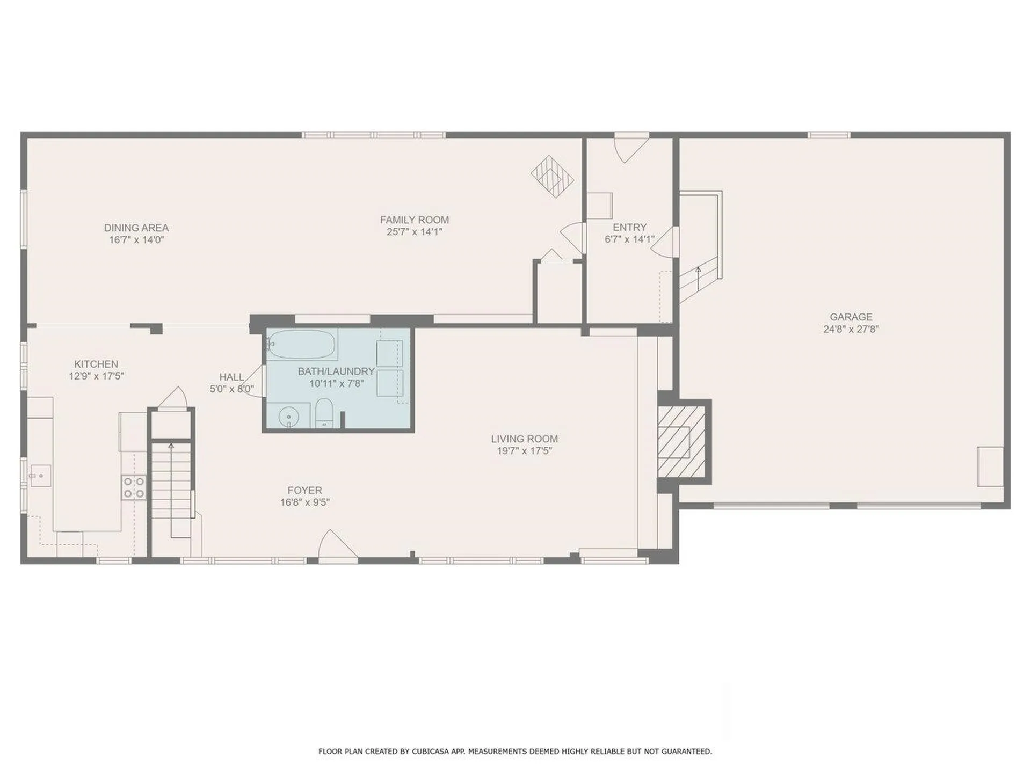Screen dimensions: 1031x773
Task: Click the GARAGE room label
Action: pos(851,317)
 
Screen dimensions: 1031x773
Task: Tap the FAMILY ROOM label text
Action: pos(414,220)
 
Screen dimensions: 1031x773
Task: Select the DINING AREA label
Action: pos(136,228)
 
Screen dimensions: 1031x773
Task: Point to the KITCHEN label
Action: pos(96,364)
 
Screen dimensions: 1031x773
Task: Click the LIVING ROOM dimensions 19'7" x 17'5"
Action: pos(524,451)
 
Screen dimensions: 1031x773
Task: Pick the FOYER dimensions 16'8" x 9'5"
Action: pos(304,502)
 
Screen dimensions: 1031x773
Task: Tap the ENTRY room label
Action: pos(629,227)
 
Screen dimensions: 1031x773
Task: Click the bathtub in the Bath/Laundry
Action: pos(302,344)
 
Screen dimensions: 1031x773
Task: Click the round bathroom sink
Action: pos(289,416)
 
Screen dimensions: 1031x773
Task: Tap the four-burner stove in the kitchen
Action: pos(134,487)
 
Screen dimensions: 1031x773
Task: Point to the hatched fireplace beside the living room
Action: pos(681,442)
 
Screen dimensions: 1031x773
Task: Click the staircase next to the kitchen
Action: pos(171,480)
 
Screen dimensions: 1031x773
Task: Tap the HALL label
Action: pos(231,377)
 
